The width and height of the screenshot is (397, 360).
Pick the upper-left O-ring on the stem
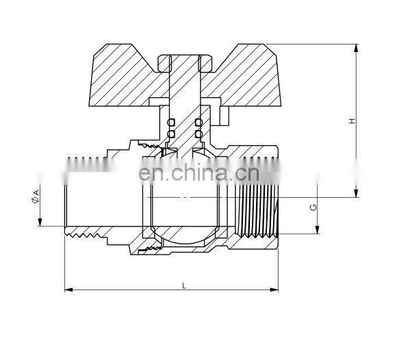[x=171, y=122]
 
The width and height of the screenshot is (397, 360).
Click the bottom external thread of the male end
[x=86, y=235]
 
